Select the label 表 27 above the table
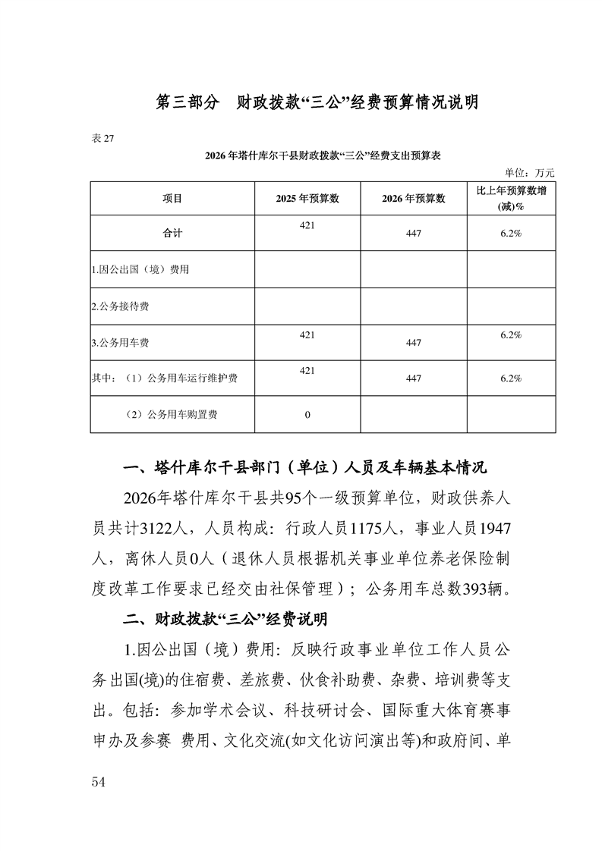(102, 137)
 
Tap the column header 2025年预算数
(307, 199)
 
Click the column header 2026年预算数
(413, 199)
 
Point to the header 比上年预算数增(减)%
(510, 198)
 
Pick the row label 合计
(172, 234)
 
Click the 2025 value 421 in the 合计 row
(307, 225)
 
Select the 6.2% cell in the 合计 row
(510, 234)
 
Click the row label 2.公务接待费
(120, 306)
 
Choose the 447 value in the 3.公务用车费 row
(413, 343)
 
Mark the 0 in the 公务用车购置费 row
(307, 415)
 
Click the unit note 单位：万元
(529, 173)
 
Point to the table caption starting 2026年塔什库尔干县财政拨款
(323, 155)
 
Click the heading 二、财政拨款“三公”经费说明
(225, 620)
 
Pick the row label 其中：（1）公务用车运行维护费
(164, 378)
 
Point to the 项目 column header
(172, 199)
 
